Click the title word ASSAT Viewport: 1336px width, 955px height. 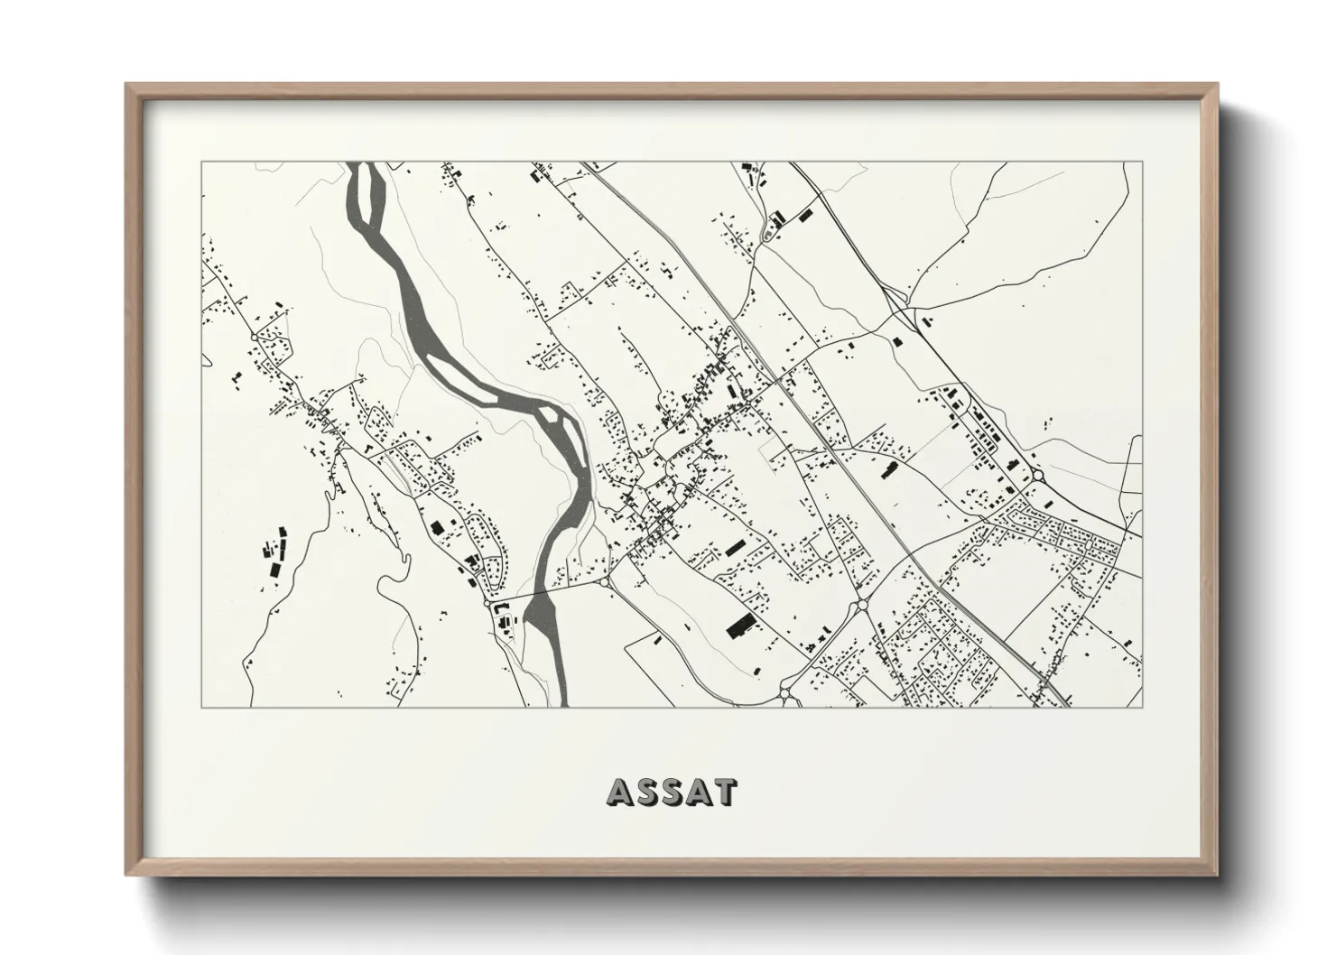tap(673, 792)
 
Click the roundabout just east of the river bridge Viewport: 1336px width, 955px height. tap(603, 583)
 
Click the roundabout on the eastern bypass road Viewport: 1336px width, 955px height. tap(1037, 476)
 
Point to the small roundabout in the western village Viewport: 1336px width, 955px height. tap(254, 337)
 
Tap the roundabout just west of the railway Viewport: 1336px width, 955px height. tap(860, 605)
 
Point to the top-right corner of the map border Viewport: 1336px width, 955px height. tap(1142, 162)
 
